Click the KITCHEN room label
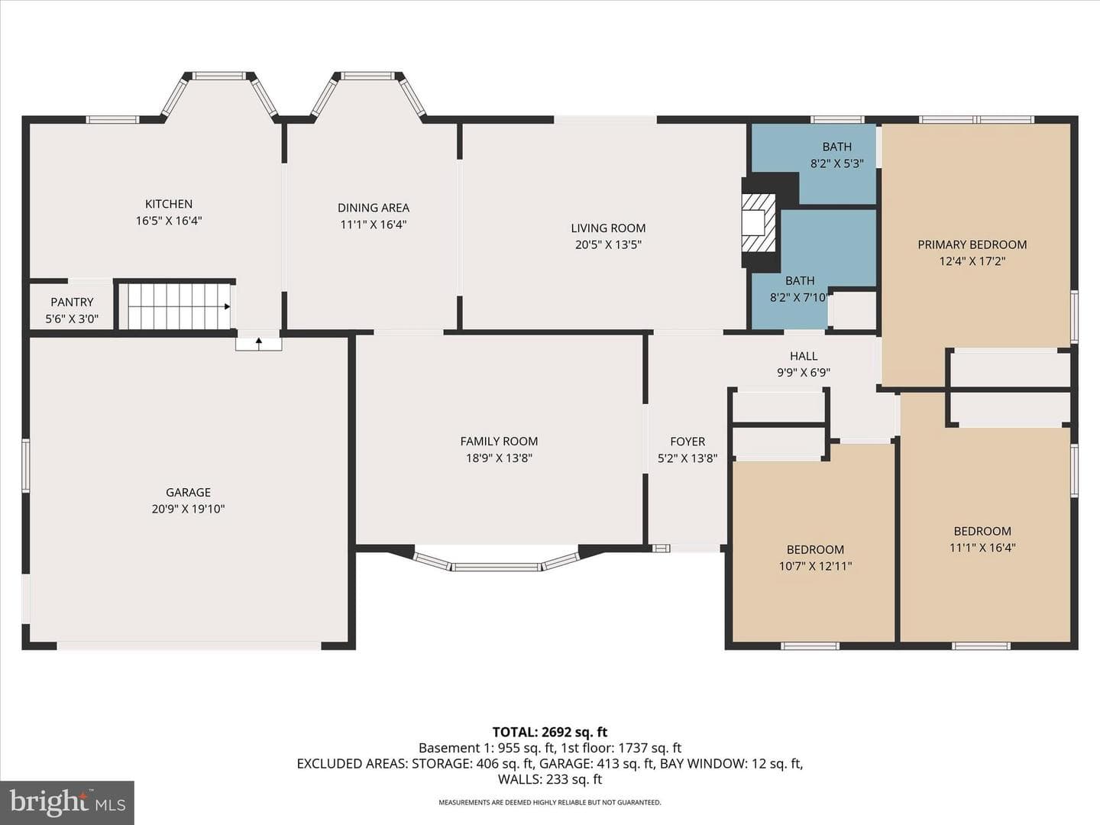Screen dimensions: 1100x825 [168, 204]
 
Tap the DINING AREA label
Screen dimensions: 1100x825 [374, 207]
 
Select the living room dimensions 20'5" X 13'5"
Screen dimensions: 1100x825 [608, 245]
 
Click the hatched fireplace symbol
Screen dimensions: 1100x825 [759, 222]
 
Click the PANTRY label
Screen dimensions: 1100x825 [72, 302]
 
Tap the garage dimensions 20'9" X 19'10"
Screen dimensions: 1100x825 [189, 509]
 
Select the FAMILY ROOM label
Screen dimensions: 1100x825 [499, 442]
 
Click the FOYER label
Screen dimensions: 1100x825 [687, 442]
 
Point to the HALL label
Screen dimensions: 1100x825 [804, 356]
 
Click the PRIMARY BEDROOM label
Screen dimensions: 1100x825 [972, 244]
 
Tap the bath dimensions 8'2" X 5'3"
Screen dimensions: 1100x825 [837, 163]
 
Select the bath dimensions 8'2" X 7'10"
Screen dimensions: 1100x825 [800, 298]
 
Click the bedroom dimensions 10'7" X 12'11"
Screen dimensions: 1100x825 [815, 566]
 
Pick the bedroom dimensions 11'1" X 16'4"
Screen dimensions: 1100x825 [982, 548]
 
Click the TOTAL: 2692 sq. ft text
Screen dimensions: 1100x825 [550, 733]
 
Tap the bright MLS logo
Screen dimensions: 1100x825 [67, 803]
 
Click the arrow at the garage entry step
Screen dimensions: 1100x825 [259, 343]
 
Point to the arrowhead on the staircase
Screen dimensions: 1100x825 [227, 306]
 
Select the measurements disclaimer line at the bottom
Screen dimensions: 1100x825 [550, 802]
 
